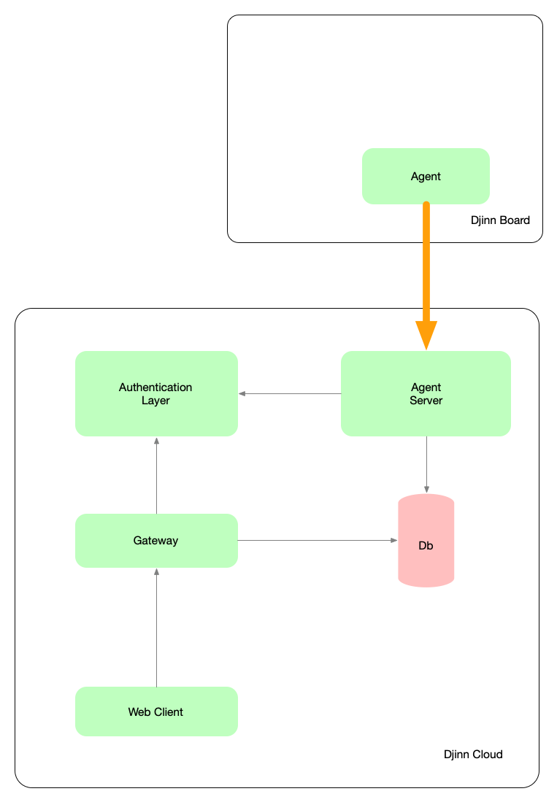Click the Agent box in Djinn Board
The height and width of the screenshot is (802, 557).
(x=426, y=176)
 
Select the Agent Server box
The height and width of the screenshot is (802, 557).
(x=426, y=393)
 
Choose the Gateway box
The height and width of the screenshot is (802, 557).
(x=156, y=541)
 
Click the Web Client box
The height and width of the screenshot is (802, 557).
(x=156, y=712)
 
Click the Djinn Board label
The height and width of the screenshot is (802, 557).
(x=501, y=220)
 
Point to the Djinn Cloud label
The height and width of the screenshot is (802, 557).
(x=473, y=755)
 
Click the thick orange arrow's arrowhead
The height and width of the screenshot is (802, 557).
(x=426, y=334)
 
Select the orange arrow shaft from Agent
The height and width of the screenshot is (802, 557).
(x=426, y=263)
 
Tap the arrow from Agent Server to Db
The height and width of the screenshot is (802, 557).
(x=426, y=464)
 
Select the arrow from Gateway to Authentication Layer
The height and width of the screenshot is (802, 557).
(x=156, y=475)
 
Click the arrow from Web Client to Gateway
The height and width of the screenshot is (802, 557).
(x=156, y=628)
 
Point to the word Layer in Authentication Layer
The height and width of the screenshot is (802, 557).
(x=155, y=401)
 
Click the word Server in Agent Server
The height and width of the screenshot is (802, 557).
(x=426, y=401)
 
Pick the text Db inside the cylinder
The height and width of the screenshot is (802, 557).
(x=426, y=546)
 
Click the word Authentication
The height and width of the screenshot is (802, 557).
(x=155, y=387)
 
